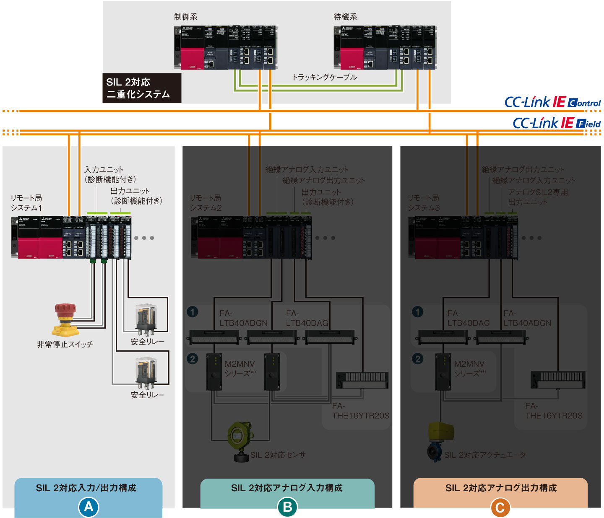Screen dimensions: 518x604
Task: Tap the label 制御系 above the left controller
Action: pyautogui.click(x=185, y=17)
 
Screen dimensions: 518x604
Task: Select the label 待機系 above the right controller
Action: pyautogui.click(x=345, y=17)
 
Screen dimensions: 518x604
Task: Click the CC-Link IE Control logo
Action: pyautogui.click(x=552, y=102)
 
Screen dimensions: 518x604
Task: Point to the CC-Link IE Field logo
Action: pyautogui.click(x=557, y=123)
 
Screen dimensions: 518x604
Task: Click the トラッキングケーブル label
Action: pyautogui.click(x=325, y=77)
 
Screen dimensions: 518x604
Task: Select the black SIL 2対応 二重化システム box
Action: pyautogui.click(x=142, y=88)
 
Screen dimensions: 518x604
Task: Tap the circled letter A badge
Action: pyautogui.click(x=89, y=507)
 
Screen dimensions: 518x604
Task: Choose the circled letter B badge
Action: pyautogui.click(x=287, y=507)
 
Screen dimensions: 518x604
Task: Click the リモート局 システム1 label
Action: pyautogui.click(x=26, y=203)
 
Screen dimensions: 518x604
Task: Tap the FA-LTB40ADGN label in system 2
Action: pyautogui.click(x=243, y=318)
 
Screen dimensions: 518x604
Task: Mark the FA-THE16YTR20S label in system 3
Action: pyautogui.click(x=554, y=411)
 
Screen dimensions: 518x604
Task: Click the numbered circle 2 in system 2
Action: pyautogui.click(x=193, y=359)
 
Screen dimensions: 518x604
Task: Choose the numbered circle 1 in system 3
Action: pyautogui.click(x=418, y=312)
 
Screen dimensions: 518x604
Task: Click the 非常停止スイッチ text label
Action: pyautogui.click(x=65, y=344)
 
